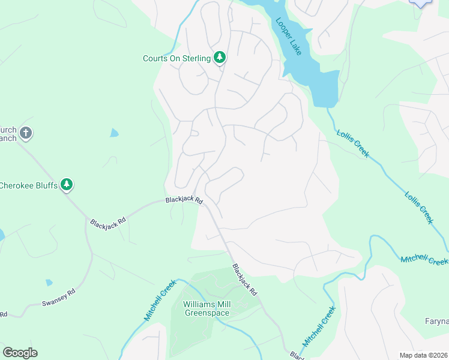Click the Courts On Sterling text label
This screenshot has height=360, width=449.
pos(176,58)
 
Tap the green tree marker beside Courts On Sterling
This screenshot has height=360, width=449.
pos(220,58)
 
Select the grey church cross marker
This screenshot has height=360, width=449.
pos(25,133)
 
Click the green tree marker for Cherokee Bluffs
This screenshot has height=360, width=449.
pos(67,185)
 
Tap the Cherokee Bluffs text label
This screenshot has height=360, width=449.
pos(29,185)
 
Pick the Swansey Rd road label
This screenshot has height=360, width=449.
pos(59,298)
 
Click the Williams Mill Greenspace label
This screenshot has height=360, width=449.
pos(206,308)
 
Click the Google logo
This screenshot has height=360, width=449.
pos(20,353)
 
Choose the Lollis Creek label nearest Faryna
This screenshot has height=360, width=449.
pos(418,207)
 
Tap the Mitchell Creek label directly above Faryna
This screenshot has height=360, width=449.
pos(424,259)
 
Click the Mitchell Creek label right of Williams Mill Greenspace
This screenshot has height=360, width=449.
pos(318,326)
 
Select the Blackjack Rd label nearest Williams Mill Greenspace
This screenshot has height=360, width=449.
pos(245,280)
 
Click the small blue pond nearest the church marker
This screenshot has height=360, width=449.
pos(114,133)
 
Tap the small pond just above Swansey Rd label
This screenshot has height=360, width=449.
pos(49,283)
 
